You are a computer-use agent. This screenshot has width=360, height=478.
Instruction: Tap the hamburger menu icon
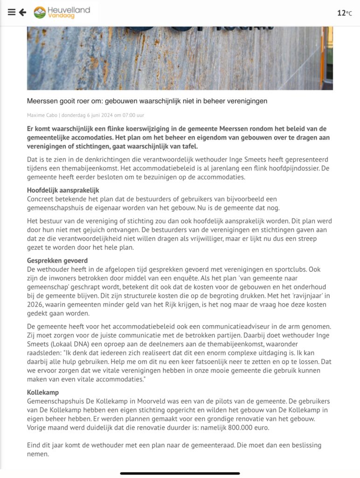pyautogui.click(x=12, y=13)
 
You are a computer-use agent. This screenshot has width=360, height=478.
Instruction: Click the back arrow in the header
pyautogui.click(x=22, y=13)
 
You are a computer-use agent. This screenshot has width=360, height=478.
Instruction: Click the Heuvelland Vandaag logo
pyautogui.click(x=62, y=13)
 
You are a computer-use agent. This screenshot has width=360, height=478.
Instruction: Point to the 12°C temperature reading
pyautogui.click(x=345, y=13)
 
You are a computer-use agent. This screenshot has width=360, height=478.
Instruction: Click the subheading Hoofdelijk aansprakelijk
pyautogui.click(x=63, y=190)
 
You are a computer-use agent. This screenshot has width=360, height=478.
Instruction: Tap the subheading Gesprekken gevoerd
pyautogui.click(x=57, y=260)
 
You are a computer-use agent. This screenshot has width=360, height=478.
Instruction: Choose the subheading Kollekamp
pyautogui.click(x=43, y=393)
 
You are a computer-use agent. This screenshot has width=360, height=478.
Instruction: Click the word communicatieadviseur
pyautogui.click(x=236, y=326)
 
